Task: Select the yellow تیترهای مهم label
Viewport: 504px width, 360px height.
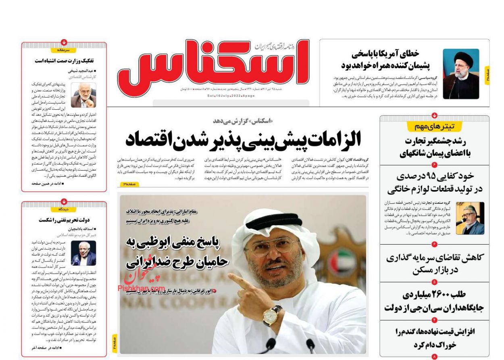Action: [434, 127]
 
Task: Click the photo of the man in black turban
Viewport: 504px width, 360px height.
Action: [461, 74]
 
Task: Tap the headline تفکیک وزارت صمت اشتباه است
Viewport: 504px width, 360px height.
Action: [64, 61]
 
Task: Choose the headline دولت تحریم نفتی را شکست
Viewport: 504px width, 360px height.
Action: [64, 220]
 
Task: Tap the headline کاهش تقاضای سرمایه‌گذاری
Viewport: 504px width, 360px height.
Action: [434, 257]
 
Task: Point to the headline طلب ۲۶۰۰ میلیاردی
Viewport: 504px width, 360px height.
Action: [434, 294]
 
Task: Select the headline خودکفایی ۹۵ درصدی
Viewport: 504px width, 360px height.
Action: [434, 176]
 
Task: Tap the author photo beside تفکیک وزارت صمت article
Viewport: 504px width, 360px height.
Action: [83, 95]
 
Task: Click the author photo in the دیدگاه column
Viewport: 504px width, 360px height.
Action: [83, 253]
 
